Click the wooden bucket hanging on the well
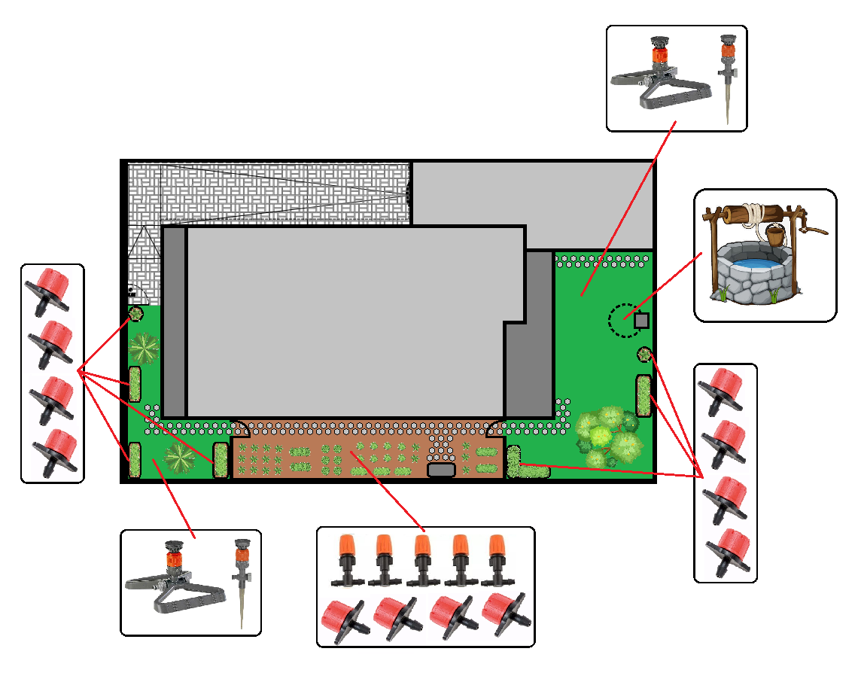click(x=774, y=236)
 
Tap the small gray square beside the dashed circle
click(x=641, y=321)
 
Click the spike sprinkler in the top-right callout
click(x=727, y=75)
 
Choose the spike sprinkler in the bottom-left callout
click(x=242, y=580)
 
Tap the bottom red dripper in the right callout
click(x=727, y=550)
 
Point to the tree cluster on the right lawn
click(x=608, y=437)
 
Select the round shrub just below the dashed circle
click(x=645, y=354)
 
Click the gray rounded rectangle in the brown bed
click(x=441, y=470)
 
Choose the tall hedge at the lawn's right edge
click(x=643, y=395)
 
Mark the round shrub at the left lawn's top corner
click(x=135, y=313)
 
